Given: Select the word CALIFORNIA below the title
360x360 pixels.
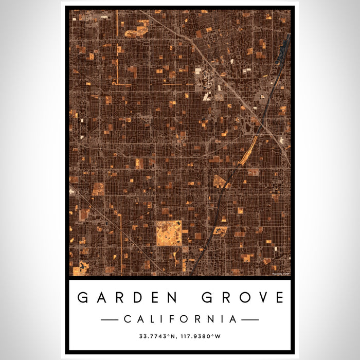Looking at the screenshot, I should (180, 319).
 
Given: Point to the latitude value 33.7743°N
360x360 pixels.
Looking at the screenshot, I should (157, 337).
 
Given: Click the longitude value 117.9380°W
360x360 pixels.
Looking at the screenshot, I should (202, 337).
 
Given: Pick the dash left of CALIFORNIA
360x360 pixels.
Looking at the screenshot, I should (110, 319).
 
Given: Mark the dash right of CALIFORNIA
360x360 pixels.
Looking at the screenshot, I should (250, 319).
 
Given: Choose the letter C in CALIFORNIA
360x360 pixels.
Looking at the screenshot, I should (127, 319).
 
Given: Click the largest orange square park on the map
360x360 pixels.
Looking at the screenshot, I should (169, 233).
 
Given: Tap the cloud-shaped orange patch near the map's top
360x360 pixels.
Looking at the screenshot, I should (135, 32).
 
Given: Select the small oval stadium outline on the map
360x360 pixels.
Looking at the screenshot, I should (264, 95).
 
